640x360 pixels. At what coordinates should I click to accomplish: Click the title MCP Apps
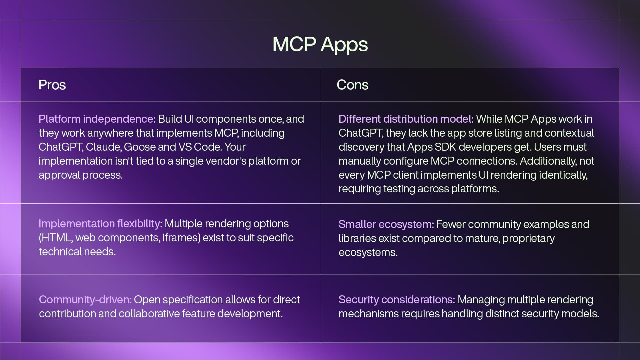320,44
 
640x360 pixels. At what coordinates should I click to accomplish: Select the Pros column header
52,85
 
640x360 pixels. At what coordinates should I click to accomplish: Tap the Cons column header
352,85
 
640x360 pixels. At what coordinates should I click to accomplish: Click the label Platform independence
97,119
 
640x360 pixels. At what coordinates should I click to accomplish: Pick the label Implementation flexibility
100,224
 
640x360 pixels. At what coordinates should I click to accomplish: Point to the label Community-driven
85,300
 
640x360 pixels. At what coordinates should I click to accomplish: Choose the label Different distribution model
406,119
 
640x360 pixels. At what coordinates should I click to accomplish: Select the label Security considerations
397,300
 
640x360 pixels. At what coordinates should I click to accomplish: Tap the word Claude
103,147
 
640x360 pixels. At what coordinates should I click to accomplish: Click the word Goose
140,147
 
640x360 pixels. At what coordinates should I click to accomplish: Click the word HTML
55,238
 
